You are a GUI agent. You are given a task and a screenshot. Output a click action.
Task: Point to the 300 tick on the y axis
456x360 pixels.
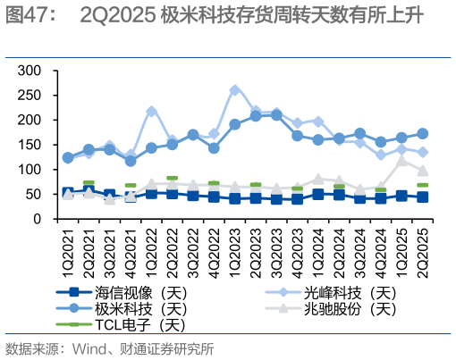tap(30, 71)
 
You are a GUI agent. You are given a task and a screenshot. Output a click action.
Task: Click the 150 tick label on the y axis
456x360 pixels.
tap(30, 145)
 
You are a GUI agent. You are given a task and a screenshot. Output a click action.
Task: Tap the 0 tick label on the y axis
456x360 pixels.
tap(37, 219)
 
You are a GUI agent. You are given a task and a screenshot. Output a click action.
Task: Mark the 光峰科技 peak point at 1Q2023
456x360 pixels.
tap(234, 90)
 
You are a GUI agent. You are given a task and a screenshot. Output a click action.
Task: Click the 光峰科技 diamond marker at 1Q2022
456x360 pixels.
tap(151, 111)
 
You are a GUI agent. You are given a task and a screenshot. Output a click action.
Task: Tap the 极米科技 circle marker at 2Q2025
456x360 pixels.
tap(423, 133)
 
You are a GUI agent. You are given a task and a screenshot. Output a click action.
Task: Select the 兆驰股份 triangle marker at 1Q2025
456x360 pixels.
tap(401, 160)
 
